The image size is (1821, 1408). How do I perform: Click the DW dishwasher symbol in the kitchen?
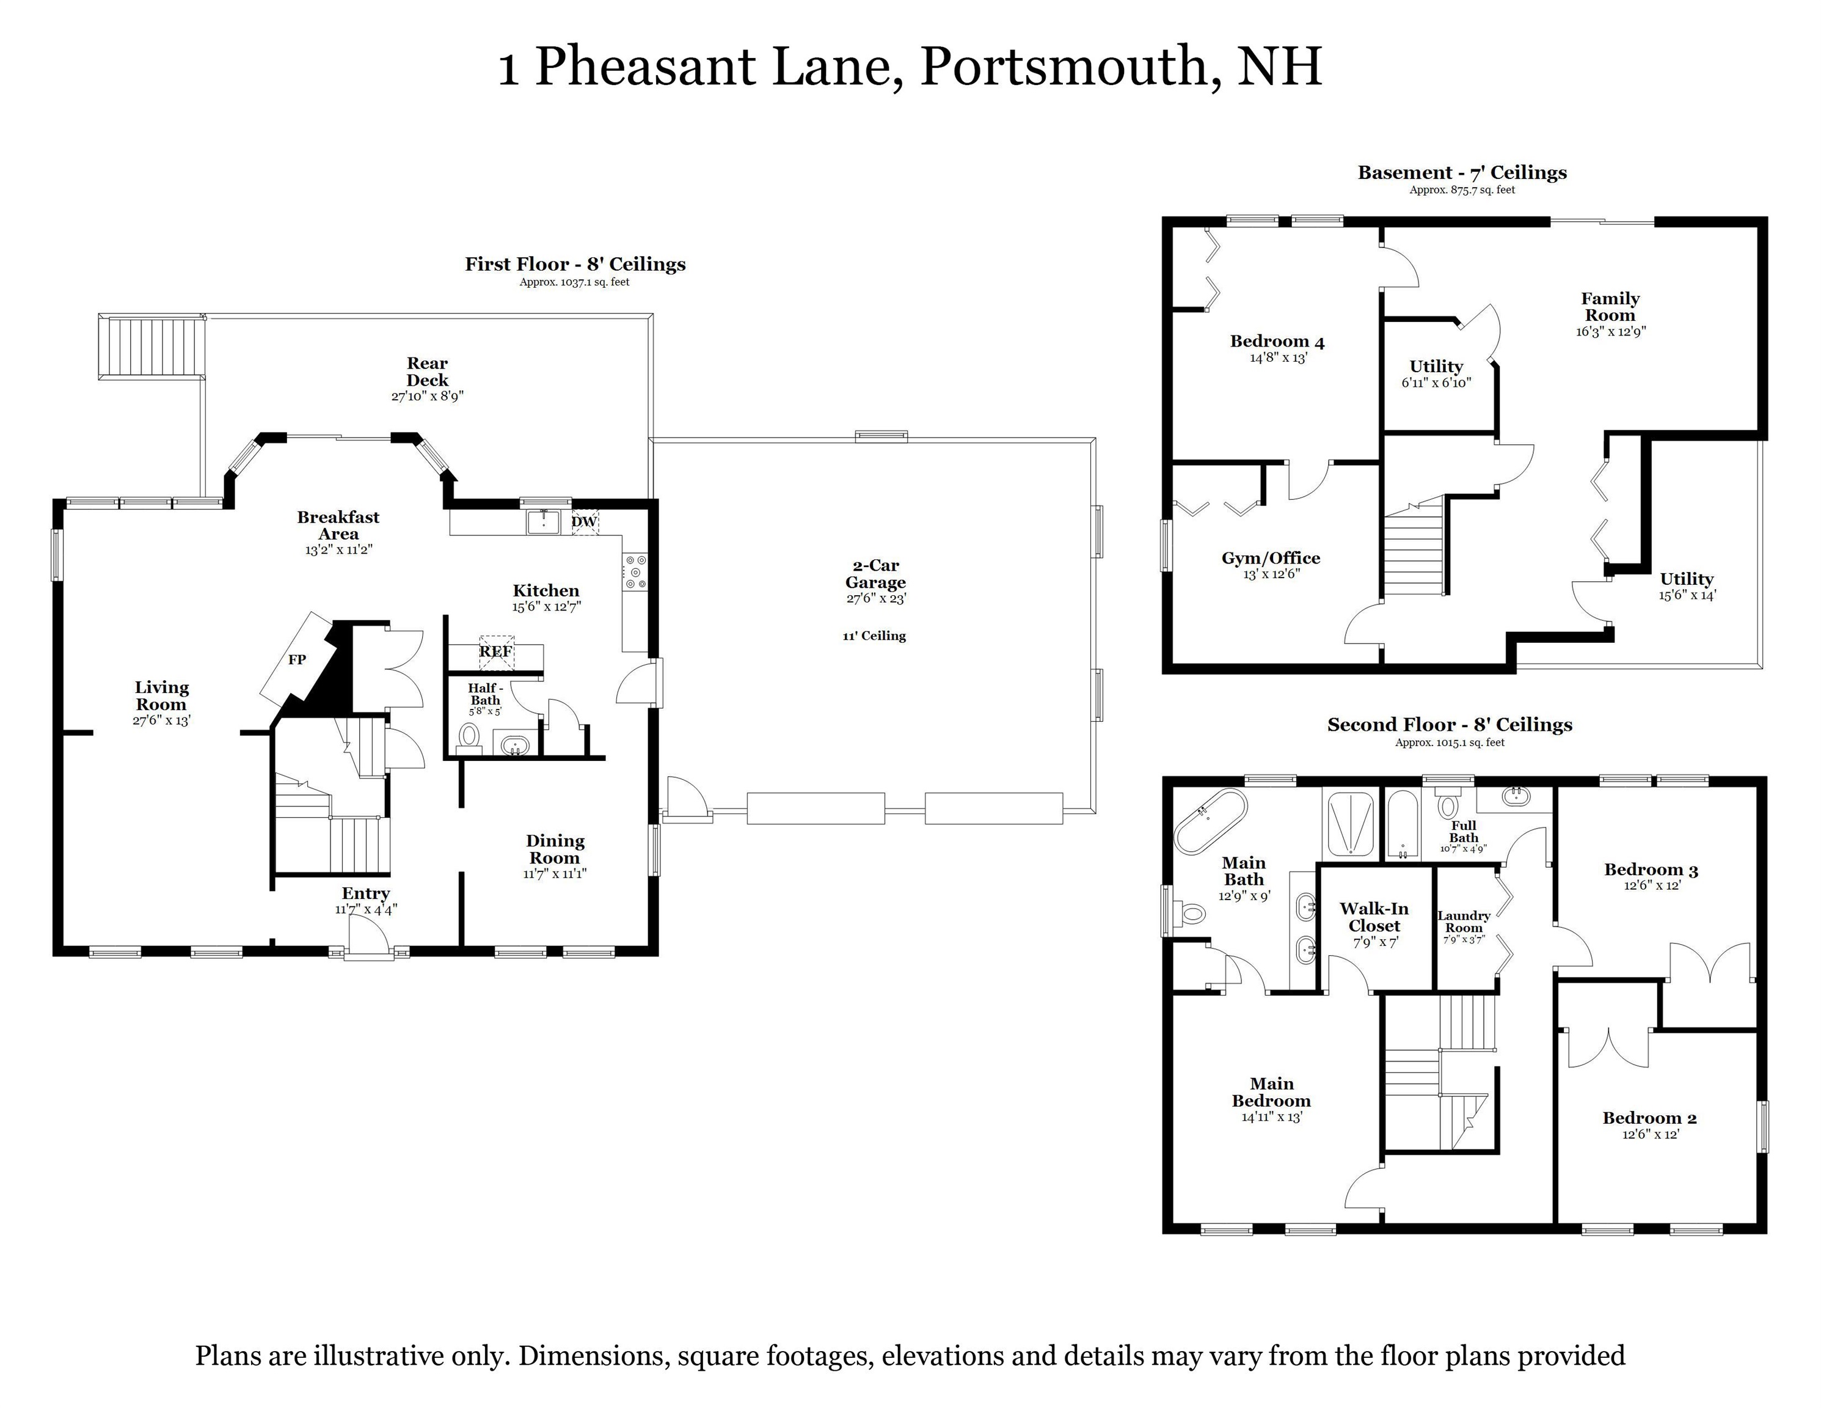[583, 522]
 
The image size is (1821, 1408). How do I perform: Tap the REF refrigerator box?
[496, 651]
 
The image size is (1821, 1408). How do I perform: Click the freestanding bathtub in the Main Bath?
[1211, 821]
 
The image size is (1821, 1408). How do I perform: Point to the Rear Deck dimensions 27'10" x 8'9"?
[427, 396]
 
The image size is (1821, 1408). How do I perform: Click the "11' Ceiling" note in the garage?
[874, 636]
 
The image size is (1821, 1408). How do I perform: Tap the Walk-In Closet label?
[1374, 917]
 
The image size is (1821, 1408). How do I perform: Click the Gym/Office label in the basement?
[1271, 558]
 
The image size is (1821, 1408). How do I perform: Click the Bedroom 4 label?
[1277, 341]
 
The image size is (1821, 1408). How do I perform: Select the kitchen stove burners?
[635, 572]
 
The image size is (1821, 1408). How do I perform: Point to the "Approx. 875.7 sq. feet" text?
[1462, 190]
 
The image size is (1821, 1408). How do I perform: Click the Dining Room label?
[555, 849]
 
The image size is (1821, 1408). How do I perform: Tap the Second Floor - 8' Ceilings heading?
[1449, 725]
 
